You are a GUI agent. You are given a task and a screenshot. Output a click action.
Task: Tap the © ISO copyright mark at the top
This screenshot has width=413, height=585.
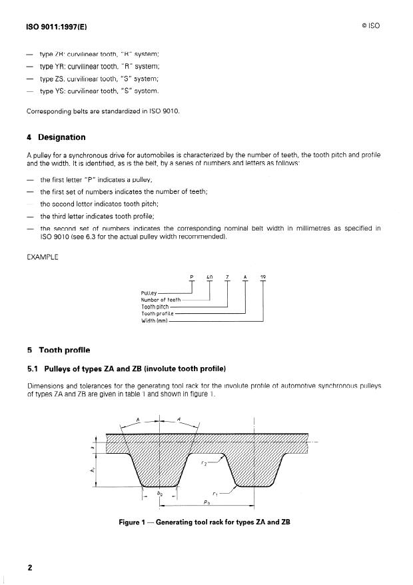tap(370, 27)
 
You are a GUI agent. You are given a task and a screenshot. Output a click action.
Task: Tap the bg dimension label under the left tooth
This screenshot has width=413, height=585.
tap(159, 494)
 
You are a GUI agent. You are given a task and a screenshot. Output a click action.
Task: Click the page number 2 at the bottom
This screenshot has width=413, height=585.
tap(30, 568)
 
